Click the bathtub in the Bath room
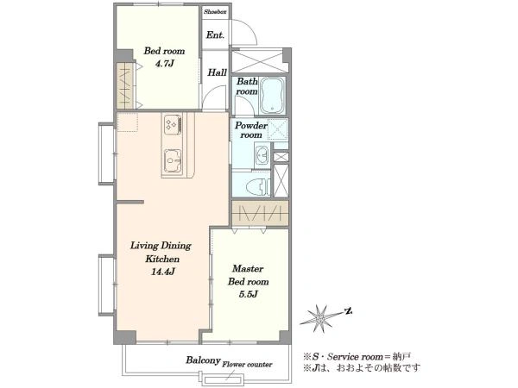(273, 96)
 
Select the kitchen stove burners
(173, 125)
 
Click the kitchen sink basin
(173, 160)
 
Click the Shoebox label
(215, 12)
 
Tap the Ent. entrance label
(215, 35)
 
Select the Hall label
(217, 72)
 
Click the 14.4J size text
(162, 272)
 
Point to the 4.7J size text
(164, 64)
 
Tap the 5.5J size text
(248, 294)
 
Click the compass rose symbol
(319, 318)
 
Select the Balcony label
(203, 360)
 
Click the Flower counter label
(247, 365)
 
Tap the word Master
(248, 268)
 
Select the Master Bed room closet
(260, 213)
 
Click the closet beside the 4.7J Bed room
(124, 85)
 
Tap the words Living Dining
(161, 246)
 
